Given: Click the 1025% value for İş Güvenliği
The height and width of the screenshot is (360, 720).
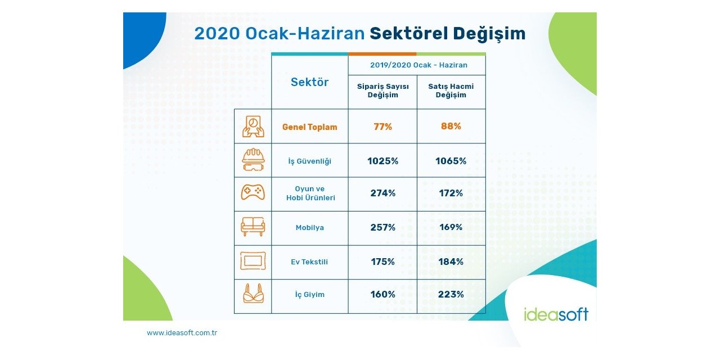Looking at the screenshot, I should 382,161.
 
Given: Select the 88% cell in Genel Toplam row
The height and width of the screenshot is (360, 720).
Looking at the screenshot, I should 451,127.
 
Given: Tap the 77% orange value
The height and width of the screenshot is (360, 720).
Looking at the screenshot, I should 382,127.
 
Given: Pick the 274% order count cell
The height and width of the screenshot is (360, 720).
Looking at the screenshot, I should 382,193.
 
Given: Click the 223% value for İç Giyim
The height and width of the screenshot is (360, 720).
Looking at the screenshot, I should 451,294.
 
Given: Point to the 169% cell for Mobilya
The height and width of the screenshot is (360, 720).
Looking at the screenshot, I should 451,228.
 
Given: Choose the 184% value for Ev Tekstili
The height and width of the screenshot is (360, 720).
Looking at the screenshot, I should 451,262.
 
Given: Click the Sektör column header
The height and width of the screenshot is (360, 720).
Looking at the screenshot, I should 309,82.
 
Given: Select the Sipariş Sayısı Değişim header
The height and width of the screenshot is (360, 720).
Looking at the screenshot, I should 382,91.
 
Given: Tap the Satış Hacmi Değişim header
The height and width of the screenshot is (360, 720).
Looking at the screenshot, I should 451,91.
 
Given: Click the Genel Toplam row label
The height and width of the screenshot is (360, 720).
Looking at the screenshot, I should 309,127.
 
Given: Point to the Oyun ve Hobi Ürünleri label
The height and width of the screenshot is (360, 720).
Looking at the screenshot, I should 309,193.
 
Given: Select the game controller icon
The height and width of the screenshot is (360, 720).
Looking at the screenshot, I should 253,193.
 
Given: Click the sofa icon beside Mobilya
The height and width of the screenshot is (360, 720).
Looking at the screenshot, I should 253,227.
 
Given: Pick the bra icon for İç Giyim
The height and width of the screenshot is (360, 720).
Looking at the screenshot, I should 253,294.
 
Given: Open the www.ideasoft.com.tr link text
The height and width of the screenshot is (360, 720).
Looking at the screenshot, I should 182,333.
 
